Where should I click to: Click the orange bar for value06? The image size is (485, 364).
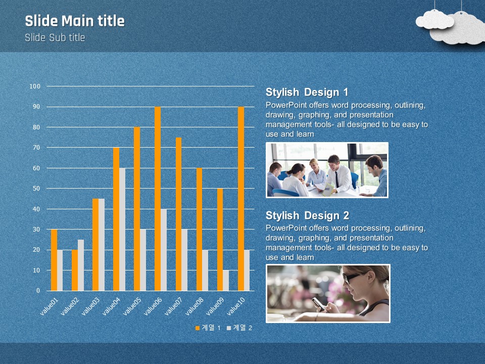(x=158, y=199)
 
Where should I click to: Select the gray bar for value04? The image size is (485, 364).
(x=122, y=230)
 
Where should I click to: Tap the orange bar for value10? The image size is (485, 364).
(x=241, y=199)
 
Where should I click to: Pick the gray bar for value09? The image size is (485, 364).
(x=226, y=281)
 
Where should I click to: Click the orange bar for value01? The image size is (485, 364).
(x=54, y=260)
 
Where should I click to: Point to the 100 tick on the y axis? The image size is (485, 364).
(x=35, y=86)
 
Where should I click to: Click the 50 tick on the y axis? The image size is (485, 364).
(x=36, y=189)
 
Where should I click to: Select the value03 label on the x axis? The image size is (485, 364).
(x=90, y=306)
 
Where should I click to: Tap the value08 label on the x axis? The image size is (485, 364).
(x=195, y=306)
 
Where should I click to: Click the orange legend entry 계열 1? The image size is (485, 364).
(x=208, y=328)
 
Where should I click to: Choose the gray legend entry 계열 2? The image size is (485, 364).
(x=239, y=328)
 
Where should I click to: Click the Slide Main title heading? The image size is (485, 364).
(x=75, y=21)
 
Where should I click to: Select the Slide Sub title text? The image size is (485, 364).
(x=55, y=37)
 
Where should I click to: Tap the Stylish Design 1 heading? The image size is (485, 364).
(x=307, y=92)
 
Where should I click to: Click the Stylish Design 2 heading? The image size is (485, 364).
(x=308, y=215)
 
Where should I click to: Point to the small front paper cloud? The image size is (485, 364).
(x=434, y=20)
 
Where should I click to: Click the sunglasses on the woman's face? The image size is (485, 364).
(x=351, y=278)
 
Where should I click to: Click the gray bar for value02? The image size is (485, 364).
(x=81, y=265)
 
